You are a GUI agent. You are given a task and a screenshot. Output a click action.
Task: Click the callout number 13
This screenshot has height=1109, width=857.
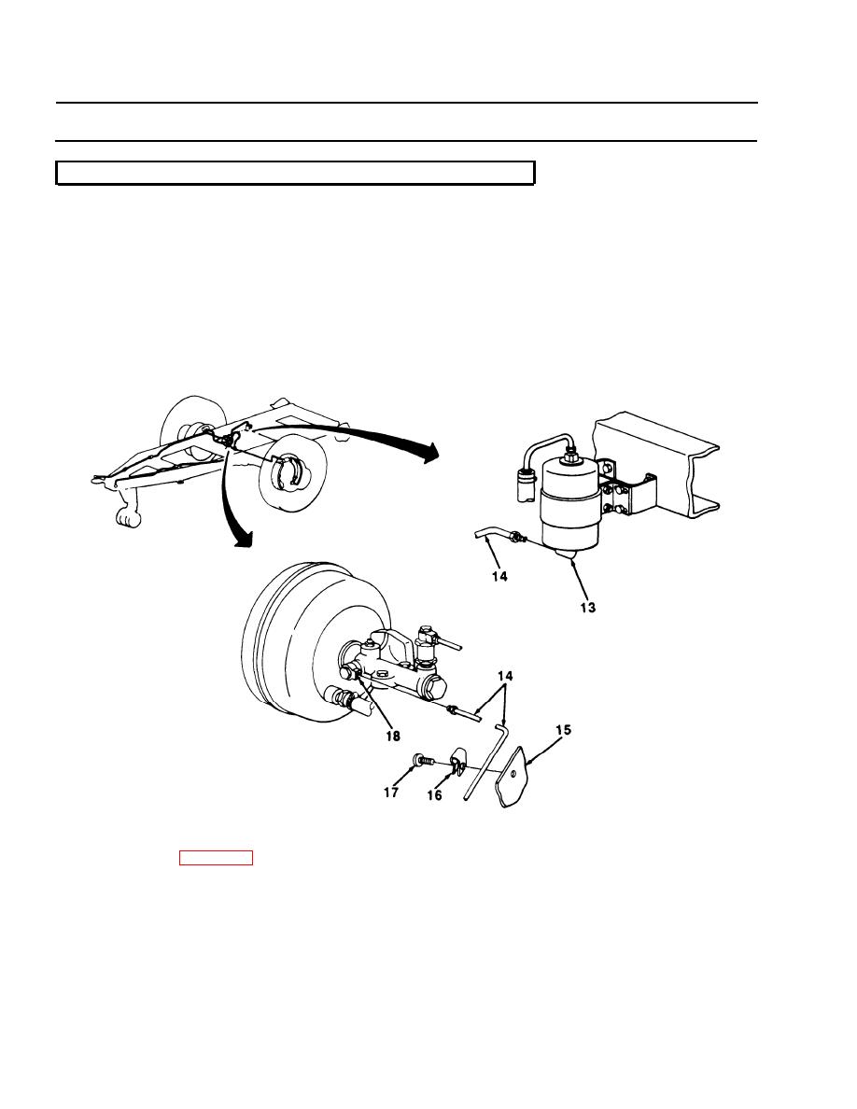(587, 607)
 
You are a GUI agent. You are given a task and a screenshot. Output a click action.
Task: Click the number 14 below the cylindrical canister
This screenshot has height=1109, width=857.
(499, 576)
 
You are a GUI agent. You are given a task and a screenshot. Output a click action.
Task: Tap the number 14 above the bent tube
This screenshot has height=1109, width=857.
(504, 676)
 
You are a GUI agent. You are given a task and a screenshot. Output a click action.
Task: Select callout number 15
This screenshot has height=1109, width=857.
(563, 729)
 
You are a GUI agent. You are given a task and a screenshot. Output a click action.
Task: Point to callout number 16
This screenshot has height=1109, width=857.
(434, 795)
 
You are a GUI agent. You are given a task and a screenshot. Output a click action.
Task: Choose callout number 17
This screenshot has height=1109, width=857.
(391, 793)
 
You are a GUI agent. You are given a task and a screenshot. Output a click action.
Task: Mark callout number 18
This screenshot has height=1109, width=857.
(392, 737)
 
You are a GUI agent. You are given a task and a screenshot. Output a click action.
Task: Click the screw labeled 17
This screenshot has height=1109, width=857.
(422, 761)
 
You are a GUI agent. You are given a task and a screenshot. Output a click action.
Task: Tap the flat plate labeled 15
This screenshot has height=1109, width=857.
(515, 777)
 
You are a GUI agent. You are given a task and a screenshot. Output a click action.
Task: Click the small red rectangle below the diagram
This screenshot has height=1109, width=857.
(216, 858)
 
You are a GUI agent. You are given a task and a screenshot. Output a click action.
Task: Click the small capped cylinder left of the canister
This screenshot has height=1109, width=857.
(527, 483)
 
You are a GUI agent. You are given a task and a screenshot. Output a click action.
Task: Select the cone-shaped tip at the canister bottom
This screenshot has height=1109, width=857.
(569, 554)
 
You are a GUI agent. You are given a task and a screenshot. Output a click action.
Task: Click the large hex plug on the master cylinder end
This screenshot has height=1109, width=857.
(435, 685)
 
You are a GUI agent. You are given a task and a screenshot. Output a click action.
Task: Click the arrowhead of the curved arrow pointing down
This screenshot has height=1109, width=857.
(243, 539)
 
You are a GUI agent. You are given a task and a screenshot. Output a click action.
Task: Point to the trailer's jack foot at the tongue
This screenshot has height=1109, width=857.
(128, 518)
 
